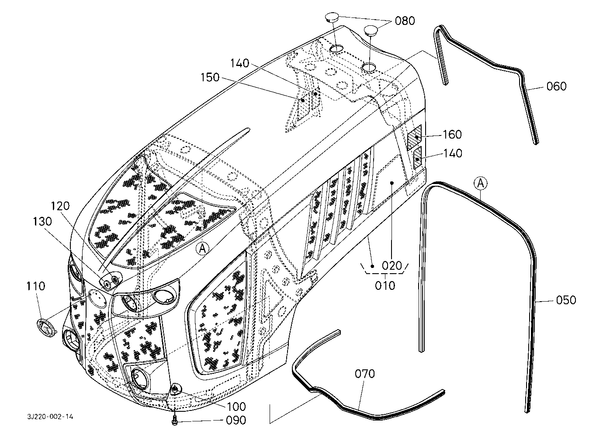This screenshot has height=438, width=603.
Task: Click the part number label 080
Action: pos(405,21)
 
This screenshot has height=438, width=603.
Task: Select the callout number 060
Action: pos(556,86)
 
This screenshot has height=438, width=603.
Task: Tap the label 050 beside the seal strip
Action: pos(566,300)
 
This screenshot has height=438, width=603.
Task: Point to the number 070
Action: pos(365,374)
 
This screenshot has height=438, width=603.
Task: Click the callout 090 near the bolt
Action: pos(236,421)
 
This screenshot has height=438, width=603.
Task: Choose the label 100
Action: pos(236,407)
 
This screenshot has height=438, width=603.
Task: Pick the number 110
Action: pos(35,286)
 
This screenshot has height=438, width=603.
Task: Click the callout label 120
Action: pos(60,206)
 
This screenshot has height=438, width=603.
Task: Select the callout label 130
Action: pos(42,222)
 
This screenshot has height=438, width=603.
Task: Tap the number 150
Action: pos(210,77)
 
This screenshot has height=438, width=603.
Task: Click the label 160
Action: pos(452,135)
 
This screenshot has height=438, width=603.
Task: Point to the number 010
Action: pos(385,285)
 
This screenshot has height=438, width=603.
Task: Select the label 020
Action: pos(392,266)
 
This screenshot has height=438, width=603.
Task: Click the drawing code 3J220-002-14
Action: pos(50,417)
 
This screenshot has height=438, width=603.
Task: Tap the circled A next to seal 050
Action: pos(481,184)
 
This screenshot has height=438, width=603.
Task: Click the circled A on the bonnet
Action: pos(202,248)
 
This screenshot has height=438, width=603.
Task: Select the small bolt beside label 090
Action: pos(175,420)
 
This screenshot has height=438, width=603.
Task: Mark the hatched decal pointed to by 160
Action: pos(414,137)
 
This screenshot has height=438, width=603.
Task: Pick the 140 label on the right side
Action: pos(453,153)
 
